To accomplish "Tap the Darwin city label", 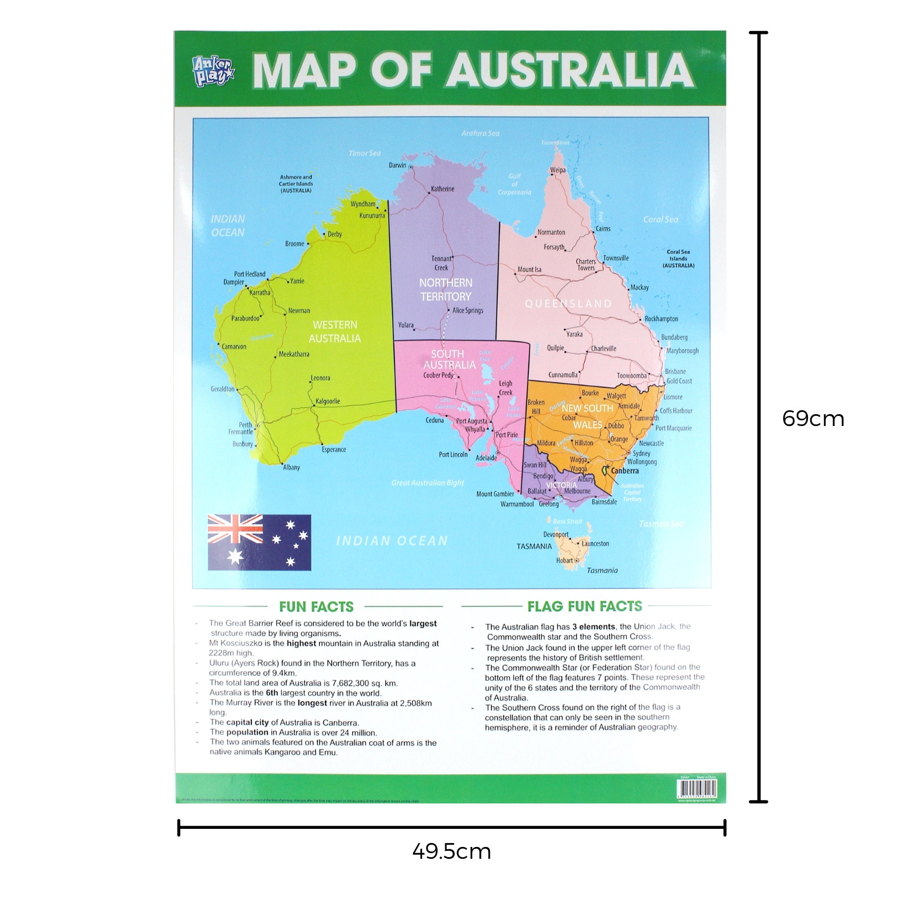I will (397, 165).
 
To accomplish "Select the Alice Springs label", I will (467, 310).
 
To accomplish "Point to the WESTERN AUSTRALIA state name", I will (334, 331).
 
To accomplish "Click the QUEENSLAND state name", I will (568, 303).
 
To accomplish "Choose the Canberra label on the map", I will (625, 471).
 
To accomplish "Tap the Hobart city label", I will (564, 560).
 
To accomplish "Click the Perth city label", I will (245, 424).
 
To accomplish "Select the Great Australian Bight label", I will (428, 483).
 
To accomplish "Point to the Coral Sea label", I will (660, 219).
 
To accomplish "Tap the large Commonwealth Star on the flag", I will (235, 557).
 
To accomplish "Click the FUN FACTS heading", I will (316, 607).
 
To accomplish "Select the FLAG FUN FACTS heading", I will (584, 606).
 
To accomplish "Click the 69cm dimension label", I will (812, 419).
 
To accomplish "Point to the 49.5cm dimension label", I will (451, 851).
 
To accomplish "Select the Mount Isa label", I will (529, 270).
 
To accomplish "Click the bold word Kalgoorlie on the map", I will (328, 401).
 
